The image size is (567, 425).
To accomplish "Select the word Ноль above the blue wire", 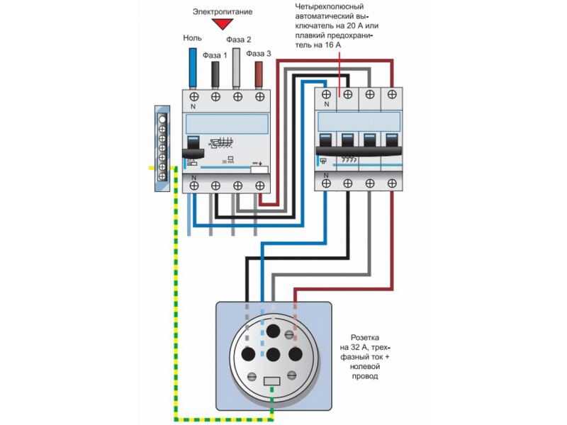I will pyautogui.click(x=192, y=38).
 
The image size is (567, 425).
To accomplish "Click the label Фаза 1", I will pyautogui.click(x=215, y=54).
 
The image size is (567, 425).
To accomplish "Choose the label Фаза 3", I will pyautogui.click(x=258, y=53).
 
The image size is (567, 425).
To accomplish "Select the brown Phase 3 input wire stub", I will pyautogui.click(x=259, y=74).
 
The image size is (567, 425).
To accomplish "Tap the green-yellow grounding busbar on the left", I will pyautogui.click(x=162, y=149).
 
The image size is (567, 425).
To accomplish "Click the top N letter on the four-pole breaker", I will pyautogui.click(x=326, y=104).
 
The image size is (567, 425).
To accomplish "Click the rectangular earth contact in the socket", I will pyautogui.click(x=271, y=382).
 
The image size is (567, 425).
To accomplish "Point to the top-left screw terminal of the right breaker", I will pyautogui.click(x=326, y=93).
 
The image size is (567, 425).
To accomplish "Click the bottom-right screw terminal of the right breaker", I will pyautogui.click(x=392, y=183).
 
